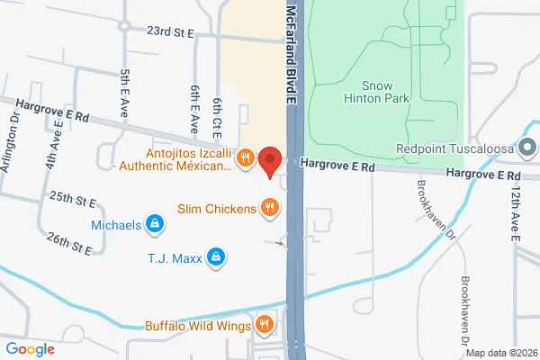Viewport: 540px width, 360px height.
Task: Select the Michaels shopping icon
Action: coord(155,223)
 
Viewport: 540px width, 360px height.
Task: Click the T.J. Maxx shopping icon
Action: coord(215,259)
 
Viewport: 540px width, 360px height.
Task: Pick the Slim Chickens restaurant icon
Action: coord(268,209)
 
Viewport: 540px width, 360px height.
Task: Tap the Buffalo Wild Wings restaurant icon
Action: coord(264,325)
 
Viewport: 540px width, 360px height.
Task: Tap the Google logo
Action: coord(31,349)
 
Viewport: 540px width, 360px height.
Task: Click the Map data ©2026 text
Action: coord(500,352)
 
